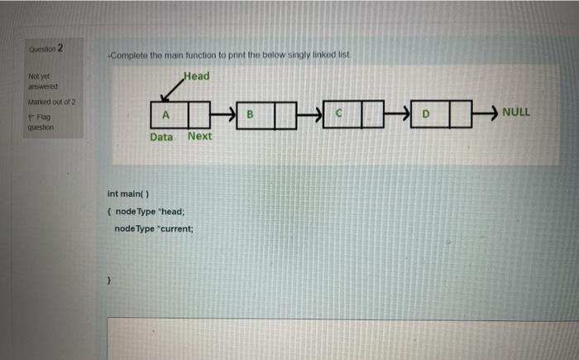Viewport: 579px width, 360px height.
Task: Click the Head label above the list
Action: [197, 76]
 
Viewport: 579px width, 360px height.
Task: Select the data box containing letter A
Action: [166, 112]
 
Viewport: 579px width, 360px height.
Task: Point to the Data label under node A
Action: [161, 137]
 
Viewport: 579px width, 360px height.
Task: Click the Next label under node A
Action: [199, 136]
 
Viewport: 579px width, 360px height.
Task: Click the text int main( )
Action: [128, 194]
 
